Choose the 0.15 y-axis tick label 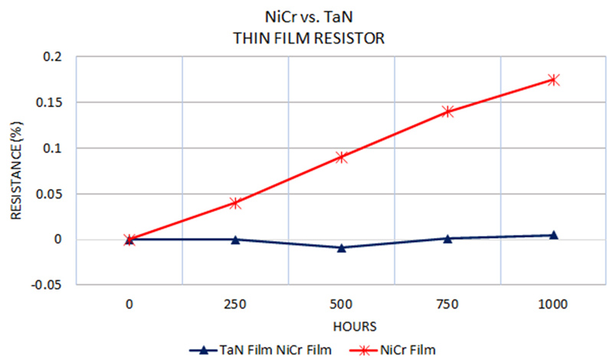(53, 103)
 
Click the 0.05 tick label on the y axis (53, 194)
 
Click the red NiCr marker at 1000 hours (553, 80)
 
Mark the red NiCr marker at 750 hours (447, 111)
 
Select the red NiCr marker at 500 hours (342, 157)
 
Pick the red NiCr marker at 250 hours (235, 203)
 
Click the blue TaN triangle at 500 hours (342, 247)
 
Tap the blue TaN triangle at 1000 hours (553, 234)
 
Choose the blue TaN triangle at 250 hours (235, 239)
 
